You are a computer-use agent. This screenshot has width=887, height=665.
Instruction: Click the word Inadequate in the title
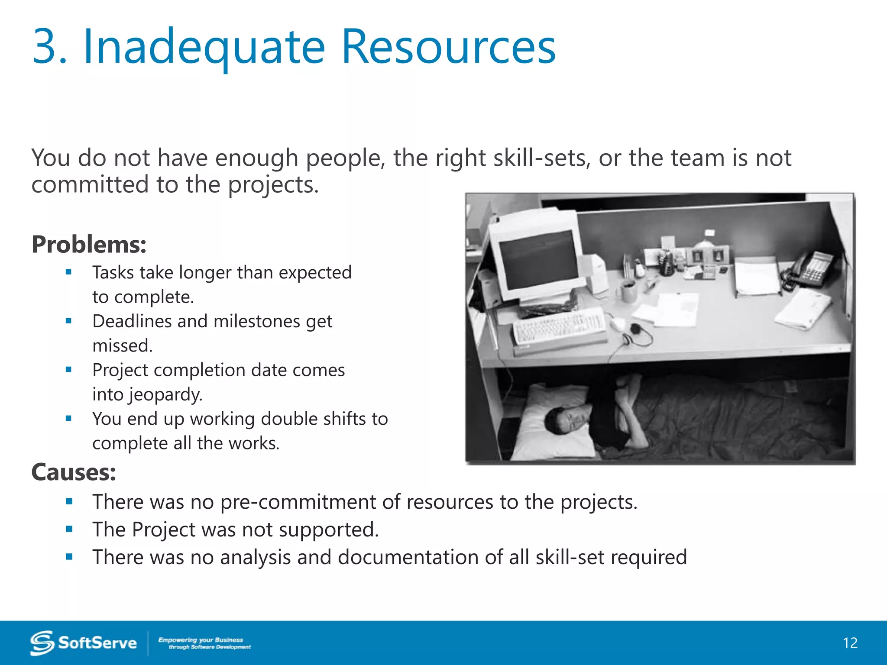[x=204, y=47]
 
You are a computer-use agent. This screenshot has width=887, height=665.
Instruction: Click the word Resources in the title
[x=448, y=47]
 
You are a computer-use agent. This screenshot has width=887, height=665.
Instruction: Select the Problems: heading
[x=89, y=245]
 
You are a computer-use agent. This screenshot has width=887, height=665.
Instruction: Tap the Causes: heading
[x=74, y=472]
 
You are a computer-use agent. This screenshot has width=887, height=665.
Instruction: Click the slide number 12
[x=850, y=643]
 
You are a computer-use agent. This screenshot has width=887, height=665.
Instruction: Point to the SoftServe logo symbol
[x=42, y=643]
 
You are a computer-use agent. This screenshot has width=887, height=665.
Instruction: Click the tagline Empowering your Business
[x=201, y=640]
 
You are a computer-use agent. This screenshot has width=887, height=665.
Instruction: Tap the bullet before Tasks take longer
[x=68, y=272]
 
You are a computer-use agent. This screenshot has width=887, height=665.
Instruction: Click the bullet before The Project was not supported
[x=69, y=529]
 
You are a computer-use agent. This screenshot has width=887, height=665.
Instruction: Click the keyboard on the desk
[x=559, y=327]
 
